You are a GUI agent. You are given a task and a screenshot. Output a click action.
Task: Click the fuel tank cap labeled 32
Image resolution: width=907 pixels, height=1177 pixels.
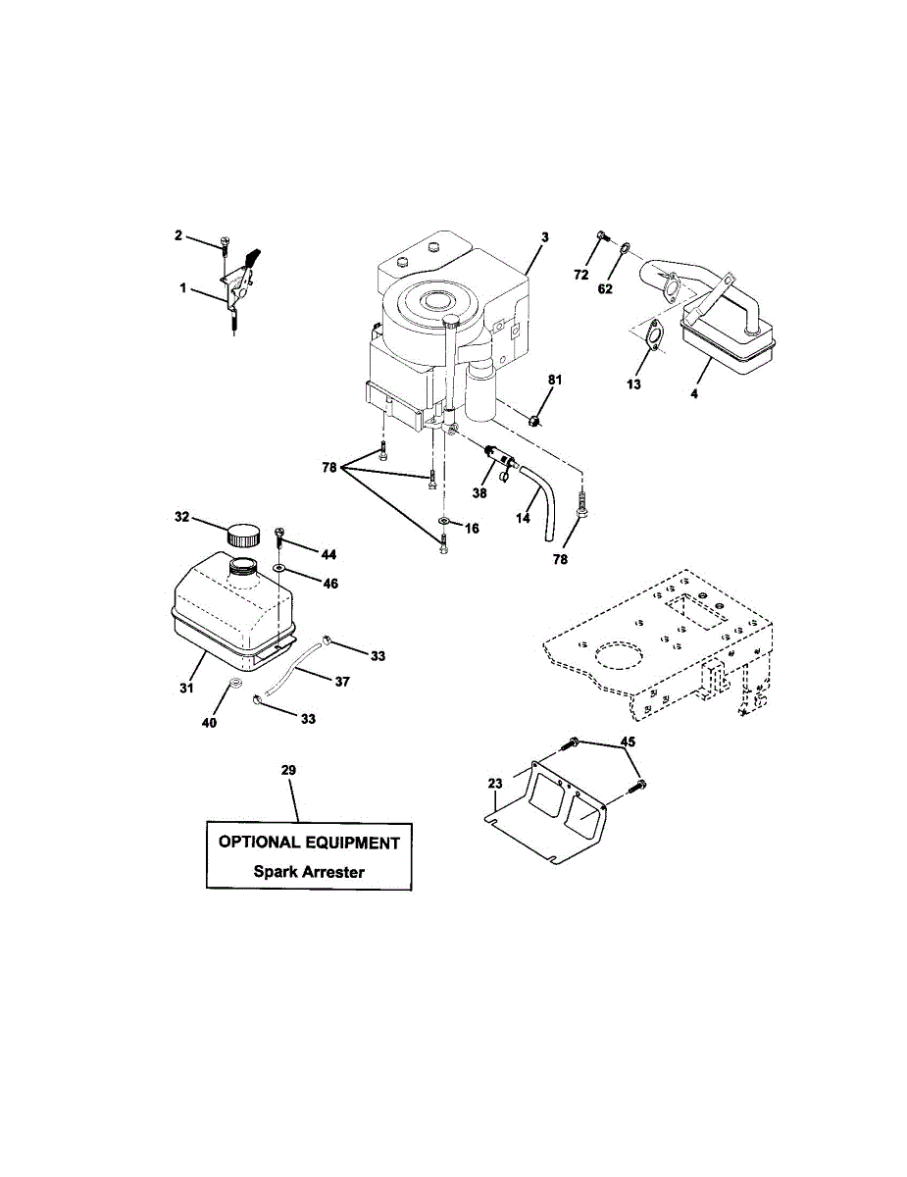pyautogui.click(x=242, y=536)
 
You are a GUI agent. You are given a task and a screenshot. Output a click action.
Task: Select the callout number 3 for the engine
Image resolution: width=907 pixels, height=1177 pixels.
pyautogui.click(x=545, y=236)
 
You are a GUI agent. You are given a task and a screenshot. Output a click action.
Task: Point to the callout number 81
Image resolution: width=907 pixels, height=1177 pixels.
pyautogui.click(x=555, y=380)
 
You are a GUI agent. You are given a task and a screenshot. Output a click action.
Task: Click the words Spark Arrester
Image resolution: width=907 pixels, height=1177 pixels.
pyautogui.click(x=308, y=870)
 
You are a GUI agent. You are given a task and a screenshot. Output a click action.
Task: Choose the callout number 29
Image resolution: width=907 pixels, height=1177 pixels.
pyautogui.click(x=288, y=770)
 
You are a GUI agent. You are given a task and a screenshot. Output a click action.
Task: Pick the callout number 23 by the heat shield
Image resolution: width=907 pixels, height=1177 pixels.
pyautogui.click(x=494, y=783)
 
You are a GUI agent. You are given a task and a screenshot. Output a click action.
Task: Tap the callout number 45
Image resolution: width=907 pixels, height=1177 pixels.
pyautogui.click(x=629, y=742)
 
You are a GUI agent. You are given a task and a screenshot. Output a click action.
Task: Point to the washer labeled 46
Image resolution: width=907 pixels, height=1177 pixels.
pyautogui.click(x=280, y=568)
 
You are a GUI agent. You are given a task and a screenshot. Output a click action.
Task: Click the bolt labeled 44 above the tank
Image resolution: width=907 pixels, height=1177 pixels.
pyautogui.click(x=279, y=536)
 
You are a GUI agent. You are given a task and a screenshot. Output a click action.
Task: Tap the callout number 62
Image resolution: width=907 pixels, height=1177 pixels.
pyautogui.click(x=605, y=289)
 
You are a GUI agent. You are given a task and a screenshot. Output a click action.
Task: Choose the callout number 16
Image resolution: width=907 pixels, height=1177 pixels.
pyautogui.click(x=472, y=528)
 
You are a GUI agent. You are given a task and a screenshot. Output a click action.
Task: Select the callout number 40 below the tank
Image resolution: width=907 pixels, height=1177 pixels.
pyautogui.click(x=209, y=721)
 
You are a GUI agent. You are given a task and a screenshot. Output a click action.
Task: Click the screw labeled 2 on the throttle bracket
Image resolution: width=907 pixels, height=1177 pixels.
pyautogui.click(x=226, y=242)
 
